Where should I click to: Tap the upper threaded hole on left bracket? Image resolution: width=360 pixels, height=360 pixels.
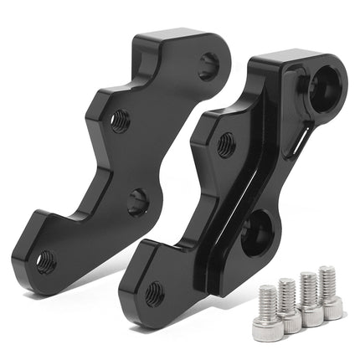pyautogui.click(x=120, y=120)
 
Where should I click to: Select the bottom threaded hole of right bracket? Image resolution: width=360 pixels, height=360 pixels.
pyautogui.click(x=155, y=292)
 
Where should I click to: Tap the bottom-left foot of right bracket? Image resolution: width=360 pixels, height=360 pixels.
pyautogui.click(x=134, y=293)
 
